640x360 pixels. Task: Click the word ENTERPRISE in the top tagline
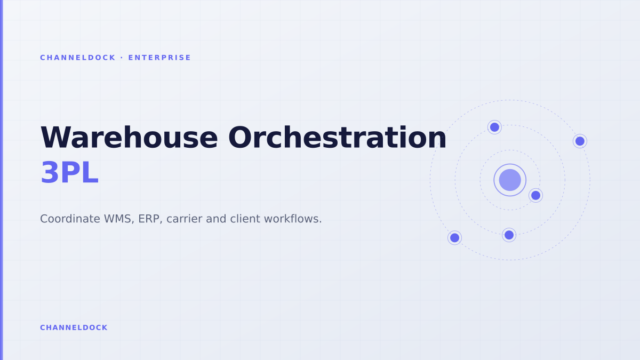pyautogui.click(x=159, y=58)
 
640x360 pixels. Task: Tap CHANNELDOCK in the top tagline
pyautogui.click(x=78, y=58)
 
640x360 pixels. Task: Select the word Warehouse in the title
pyautogui.click(x=129, y=138)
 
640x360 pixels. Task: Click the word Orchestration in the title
pyautogui.click(x=337, y=138)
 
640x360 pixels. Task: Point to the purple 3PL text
pyautogui.click(x=70, y=173)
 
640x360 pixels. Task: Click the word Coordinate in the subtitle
pyautogui.click(x=70, y=219)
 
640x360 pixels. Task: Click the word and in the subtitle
pyautogui.click(x=216, y=219)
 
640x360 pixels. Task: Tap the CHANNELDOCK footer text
pyautogui.click(x=74, y=327)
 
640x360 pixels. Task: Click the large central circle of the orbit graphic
pyautogui.click(x=510, y=180)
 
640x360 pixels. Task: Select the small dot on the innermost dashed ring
pyautogui.click(x=535, y=195)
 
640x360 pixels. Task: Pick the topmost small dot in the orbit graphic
pyautogui.click(x=494, y=127)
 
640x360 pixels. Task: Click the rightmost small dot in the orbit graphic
pyautogui.click(x=580, y=141)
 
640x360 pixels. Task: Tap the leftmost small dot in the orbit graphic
pyautogui.click(x=454, y=238)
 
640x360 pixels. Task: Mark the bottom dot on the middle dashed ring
pyautogui.click(x=509, y=235)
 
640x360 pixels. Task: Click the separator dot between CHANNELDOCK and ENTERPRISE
pyautogui.click(x=122, y=58)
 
